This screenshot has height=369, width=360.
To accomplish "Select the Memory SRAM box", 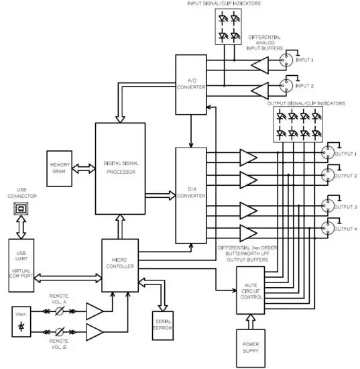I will tap(56, 166).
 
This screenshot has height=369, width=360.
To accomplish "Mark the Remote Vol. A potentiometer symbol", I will tap(59, 311).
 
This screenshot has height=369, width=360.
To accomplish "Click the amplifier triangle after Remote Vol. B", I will tap(94, 332).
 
